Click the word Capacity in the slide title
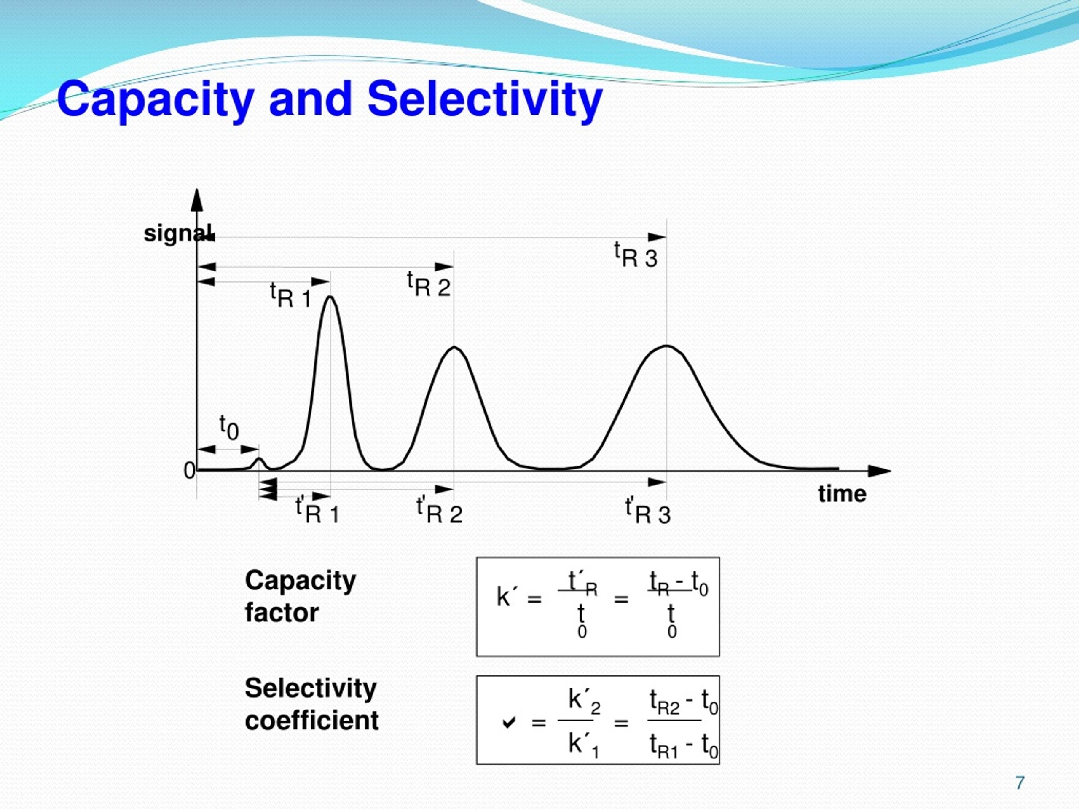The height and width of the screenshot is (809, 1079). tap(155, 100)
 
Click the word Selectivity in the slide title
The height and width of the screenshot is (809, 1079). tap(484, 99)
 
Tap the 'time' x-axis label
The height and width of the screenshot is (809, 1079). tap(843, 494)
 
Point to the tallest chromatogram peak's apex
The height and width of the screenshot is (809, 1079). tap(331, 297)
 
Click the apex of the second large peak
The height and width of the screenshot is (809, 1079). tap(454, 347)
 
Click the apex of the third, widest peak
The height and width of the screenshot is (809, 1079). tap(667, 346)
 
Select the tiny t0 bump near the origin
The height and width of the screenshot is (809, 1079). tap(260, 459)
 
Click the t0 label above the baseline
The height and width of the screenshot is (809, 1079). tap(229, 427)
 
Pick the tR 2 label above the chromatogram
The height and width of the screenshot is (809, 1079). tap(429, 284)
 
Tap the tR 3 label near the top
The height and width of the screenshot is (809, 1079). tap(636, 255)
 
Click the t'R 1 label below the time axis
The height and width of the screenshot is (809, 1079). tap(317, 511)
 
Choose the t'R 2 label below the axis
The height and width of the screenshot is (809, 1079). tap(439, 511)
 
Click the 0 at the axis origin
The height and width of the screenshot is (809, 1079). tap(189, 471)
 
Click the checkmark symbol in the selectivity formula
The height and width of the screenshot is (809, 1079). tap(509, 722)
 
